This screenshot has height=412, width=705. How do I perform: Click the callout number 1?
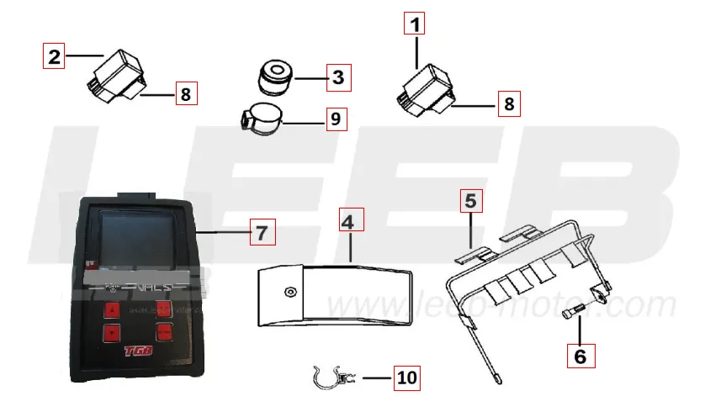(x=415, y=24)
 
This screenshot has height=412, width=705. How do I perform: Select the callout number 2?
(x=55, y=57)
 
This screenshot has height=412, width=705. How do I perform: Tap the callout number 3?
(x=337, y=79)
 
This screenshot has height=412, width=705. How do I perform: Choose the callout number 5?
(x=471, y=201)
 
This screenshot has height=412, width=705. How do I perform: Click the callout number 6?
(x=580, y=355)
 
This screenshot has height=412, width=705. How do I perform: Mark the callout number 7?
(x=262, y=231)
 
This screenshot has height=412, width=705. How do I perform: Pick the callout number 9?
(x=335, y=119)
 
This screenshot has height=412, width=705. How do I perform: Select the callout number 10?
(x=406, y=378)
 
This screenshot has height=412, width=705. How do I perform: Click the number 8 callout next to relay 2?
(x=185, y=93)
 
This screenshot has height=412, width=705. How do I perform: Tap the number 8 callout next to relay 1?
(x=508, y=104)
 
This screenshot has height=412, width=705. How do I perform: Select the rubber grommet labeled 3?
(x=274, y=78)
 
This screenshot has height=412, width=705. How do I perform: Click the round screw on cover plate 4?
(x=290, y=291)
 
